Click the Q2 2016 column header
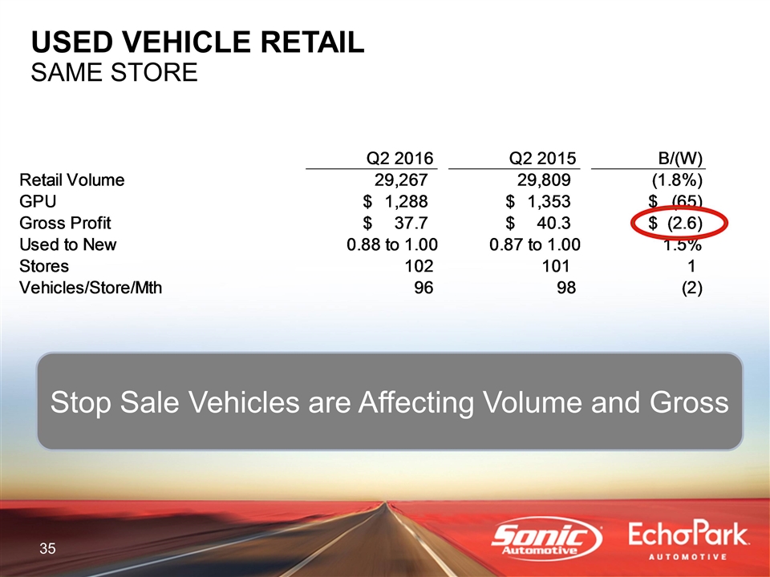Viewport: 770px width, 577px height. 400,158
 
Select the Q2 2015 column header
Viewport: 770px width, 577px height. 543,158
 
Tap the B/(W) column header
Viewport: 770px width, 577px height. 680,159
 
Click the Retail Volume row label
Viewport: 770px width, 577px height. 71,180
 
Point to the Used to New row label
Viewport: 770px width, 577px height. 67,244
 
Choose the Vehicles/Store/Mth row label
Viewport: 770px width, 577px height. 91,288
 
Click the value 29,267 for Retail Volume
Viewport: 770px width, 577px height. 401,180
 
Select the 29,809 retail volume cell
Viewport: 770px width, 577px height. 544,180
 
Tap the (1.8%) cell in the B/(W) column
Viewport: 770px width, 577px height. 677,180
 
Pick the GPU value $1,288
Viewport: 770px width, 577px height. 395,201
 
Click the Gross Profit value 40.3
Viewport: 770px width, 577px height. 554,223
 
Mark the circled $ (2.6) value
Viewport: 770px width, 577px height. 675,224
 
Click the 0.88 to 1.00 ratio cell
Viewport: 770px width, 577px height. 392,244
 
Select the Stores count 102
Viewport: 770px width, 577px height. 419,266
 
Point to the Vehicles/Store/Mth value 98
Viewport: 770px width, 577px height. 566,288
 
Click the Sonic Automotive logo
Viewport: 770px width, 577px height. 547,539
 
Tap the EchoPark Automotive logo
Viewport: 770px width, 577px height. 688,541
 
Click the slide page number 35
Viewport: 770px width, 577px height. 47,548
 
